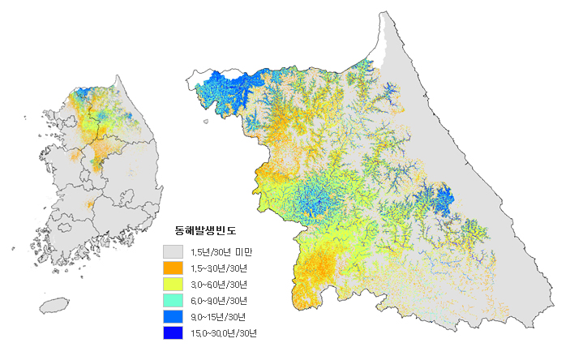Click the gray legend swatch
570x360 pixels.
(173, 251)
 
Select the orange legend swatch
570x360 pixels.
(173, 268)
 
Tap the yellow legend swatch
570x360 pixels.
(173, 284)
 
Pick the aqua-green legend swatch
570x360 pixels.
(173, 300)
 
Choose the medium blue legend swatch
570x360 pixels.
(173, 316)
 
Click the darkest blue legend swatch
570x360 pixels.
(173, 332)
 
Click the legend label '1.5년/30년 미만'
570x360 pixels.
(219, 252)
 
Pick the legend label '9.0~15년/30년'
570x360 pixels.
(217, 317)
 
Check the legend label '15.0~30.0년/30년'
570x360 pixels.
(224, 333)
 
